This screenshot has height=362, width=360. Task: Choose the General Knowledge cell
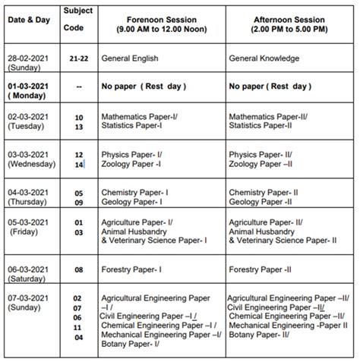(263, 58)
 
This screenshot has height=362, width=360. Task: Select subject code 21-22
(77, 58)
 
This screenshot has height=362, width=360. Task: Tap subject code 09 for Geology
(77, 203)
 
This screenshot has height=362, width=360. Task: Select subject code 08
(77, 268)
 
